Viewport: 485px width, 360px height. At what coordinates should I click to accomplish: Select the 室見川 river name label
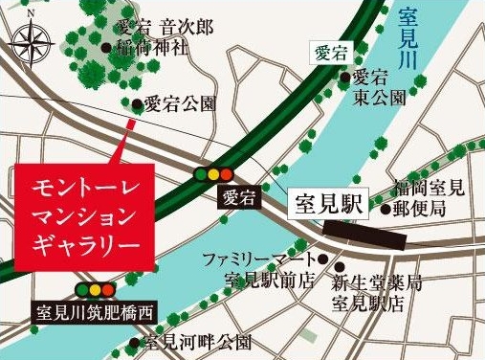click(x=417, y=39)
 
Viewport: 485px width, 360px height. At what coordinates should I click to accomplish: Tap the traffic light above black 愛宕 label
click(x=214, y=174)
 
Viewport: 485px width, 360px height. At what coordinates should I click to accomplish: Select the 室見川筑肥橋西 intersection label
click(x=94, y=311)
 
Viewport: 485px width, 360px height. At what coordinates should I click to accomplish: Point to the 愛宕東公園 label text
click(x=380, y=88)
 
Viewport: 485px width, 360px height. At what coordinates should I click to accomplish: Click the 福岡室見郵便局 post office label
click(x=431, y=198)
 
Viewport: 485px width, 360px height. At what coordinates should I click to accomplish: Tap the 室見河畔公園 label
click(x=196, y=342)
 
